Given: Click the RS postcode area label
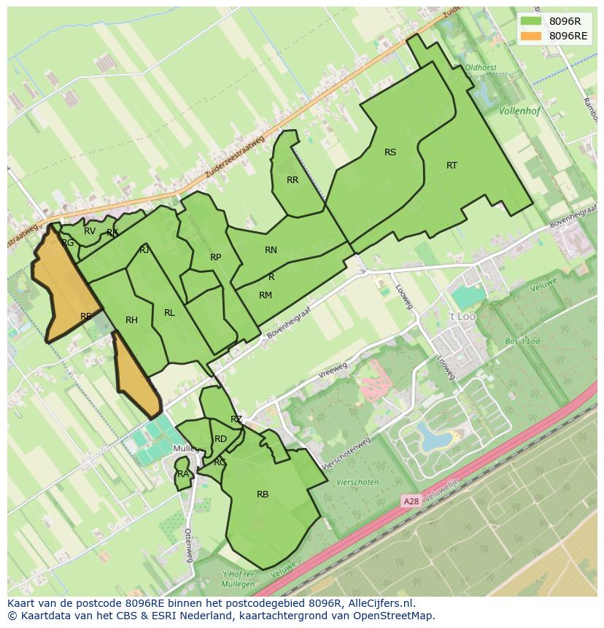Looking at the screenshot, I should click(x=390, y=152).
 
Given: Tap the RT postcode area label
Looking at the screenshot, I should click(x=452, y=166).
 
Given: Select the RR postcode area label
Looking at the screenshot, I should click(x=293, y=180).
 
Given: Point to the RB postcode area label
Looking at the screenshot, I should click(x=263, y=495).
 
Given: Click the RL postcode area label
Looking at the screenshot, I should click(x=169, y=313).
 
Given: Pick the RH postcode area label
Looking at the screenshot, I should click(x=131, y=320).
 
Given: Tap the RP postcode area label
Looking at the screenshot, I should click(x=215, y=257).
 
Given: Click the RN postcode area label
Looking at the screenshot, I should click(x=271, y=250).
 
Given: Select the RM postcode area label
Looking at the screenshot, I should click(x=266, y=295).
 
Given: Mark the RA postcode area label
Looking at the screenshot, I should click(x=183, y=474).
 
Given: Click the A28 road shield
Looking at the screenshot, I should click(x=411, y=502).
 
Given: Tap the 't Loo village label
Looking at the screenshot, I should click(x=462, y=317).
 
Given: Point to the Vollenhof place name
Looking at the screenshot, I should click(x=521, y=112).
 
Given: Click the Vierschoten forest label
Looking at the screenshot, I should click(x=357, y=482).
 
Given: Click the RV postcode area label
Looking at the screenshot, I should click(x=90, y=231).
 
